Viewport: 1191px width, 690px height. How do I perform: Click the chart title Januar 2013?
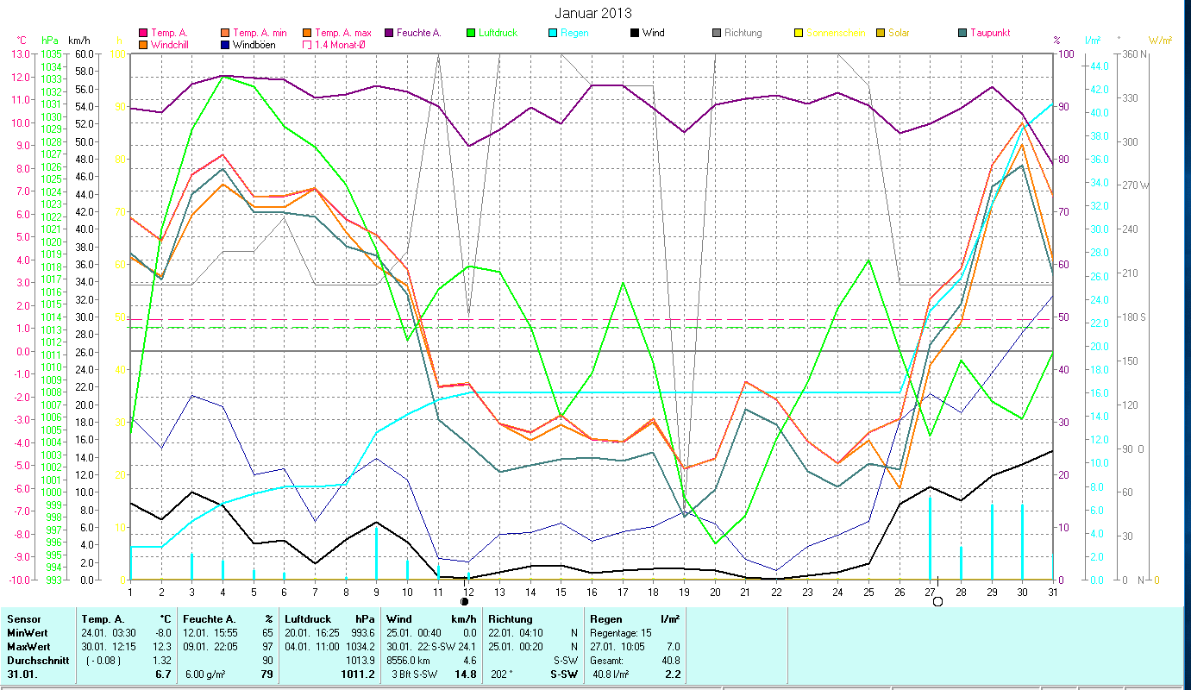click(x=594, y=13)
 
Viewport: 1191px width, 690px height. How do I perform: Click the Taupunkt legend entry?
click(x=989, y=33)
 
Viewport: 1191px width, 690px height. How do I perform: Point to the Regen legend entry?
click(x=574, y=33)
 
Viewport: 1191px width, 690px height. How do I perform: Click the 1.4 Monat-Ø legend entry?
click(x=340, y=44)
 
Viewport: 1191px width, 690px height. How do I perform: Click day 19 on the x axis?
click(x=685, y=592)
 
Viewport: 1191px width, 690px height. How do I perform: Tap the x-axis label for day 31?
click(x=1053, y=592)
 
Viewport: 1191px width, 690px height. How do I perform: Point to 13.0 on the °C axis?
click(x=21, y=53)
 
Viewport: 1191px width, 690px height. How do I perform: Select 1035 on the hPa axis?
click(x=51, y=53)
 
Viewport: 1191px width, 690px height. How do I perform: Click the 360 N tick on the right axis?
click(x=1136, y=53)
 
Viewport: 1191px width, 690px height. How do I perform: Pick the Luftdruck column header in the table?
click(x=306, y=618)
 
